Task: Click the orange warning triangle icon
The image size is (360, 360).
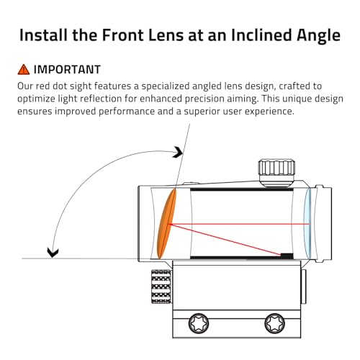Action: click(x=24, y=70)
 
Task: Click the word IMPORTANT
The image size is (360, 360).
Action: click(x=67, y=70)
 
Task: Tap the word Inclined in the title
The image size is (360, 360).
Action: click(x=262, y=35)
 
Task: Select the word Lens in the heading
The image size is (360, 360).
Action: click(x=166, y=35)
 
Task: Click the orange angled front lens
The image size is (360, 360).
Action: click(x=166, y=224)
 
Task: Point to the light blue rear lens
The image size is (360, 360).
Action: click(x=307, y=224)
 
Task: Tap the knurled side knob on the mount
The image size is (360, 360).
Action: click(x=161, y=287)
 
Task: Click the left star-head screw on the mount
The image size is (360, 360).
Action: click(x=199, y=323)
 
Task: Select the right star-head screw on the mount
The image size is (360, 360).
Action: click(x=275, y=323)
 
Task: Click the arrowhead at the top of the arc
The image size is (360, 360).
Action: click(x=178, y=152)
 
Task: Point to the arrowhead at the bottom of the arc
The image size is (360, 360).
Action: click(x=53, y=253)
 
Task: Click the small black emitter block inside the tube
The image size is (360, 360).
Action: click(x=287, y=256)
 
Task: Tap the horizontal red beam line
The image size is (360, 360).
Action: click(x=240, y=224)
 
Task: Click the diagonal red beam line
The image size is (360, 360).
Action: click(x=225, y=240)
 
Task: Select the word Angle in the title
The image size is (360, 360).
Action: click(x=318, y=36)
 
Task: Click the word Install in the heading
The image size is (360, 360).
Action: click(x=44, y=35)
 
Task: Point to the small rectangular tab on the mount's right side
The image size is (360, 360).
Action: click(x=304, y=287)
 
